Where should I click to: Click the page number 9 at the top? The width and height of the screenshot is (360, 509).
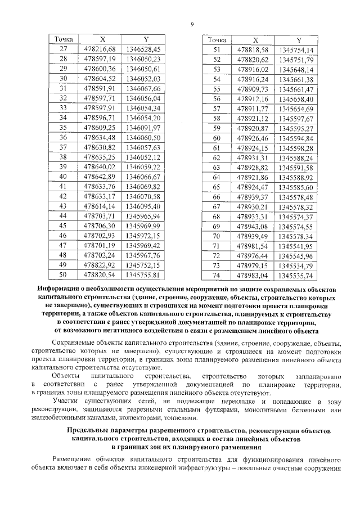click(x=192, y=24)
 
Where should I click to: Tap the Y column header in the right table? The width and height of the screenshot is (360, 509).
click(x=299, y=40)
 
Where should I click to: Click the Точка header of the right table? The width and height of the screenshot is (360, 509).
click(x=217, y=40)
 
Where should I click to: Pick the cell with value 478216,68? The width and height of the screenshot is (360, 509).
click(x=102, y=49)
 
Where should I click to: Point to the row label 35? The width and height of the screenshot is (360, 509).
click(x=64, y=128)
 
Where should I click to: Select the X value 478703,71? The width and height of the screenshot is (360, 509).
click(x=102, y=215)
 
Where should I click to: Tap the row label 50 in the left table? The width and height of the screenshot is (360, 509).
click(x=64, y=274)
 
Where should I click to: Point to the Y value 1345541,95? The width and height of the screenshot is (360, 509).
click(x=299, y=245)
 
